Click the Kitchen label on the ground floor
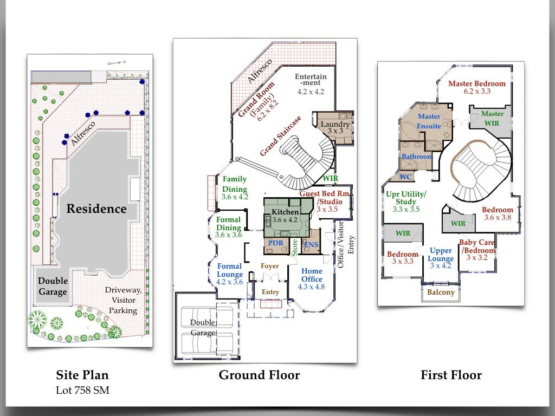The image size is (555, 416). coord(285,212)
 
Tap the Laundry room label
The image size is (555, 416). coord(335,124)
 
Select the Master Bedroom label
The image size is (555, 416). coord(477,84)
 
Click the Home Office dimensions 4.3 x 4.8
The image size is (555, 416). coord(311,287)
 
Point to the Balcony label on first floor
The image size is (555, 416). coord(441,292)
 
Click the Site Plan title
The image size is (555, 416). coord(82,375)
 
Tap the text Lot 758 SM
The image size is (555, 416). coord(82,390)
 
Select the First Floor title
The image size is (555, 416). coord(451,375)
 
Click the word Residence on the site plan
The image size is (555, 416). coord(96,209)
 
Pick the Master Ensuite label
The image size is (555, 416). coord(429,121)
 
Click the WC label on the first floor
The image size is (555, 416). coord(405,177)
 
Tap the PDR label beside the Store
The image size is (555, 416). coord(276,243)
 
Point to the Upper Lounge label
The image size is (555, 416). coord(440,255)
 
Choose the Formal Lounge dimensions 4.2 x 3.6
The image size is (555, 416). coord(229,282)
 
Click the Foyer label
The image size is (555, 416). coord(270,266)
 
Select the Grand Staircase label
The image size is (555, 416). coord(281,136)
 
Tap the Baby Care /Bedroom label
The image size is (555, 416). coord(477,246)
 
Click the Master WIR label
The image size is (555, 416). coord(492,119)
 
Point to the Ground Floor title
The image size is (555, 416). coord(259,375)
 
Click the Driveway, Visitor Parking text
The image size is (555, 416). coord(123,300)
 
